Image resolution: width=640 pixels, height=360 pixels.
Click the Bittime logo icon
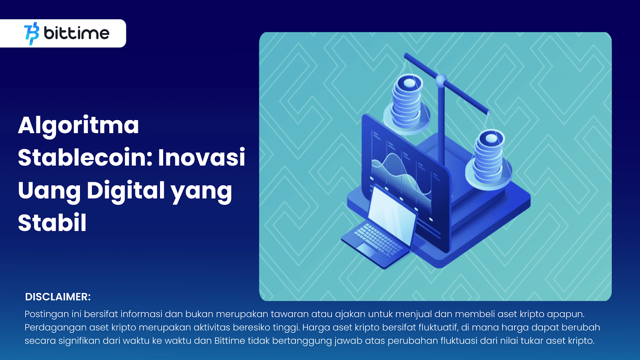(32, 34)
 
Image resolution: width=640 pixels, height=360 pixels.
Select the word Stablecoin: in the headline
(85, 157)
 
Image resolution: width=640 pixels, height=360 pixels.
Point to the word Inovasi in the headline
(202, 157)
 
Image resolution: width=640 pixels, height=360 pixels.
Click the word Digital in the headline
(126, 190)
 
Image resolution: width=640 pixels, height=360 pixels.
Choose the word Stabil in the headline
(52, 223)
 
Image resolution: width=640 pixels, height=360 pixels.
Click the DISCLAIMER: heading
(58, 297)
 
